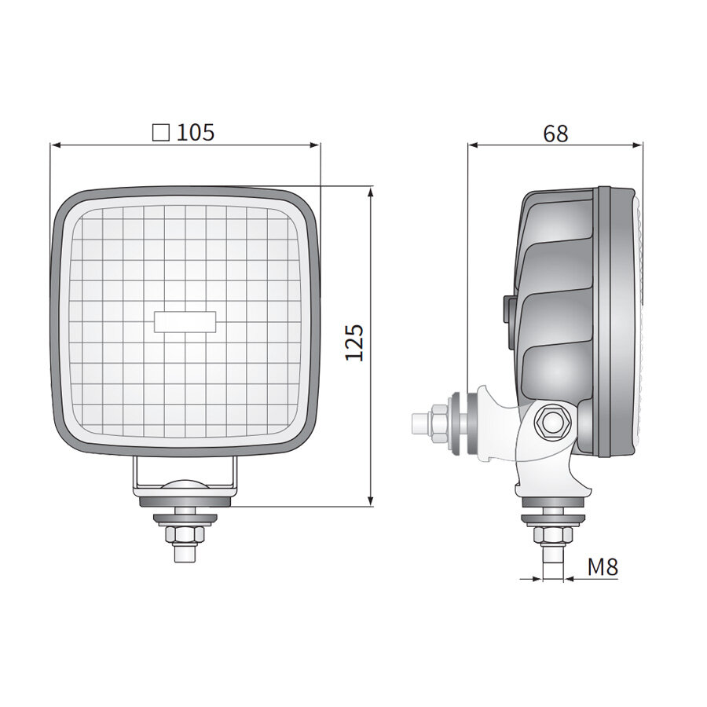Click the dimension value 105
[x=196, y=132]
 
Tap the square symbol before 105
[x=161, y=132]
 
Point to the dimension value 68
[x=555, y=134]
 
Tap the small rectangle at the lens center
[x=185, y=321]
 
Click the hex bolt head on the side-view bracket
[x=550, y=423]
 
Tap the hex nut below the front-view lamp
[x=185, y=535]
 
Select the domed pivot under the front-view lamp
[x=185, y=485]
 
